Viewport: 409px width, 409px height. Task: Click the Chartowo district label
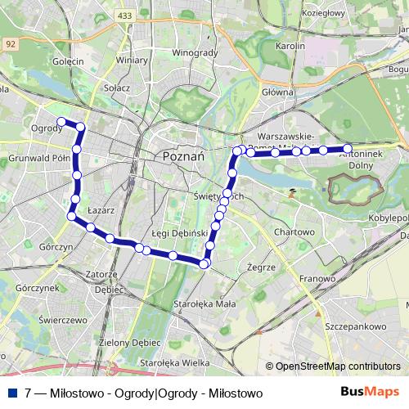(x=294, y=232)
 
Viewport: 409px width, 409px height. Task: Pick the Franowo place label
(x=317, y=278)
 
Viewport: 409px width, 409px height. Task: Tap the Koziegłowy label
(x=324, y=13)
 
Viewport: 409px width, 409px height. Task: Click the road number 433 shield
(x=124, y=16)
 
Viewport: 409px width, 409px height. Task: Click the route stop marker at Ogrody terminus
(x=61, y=122)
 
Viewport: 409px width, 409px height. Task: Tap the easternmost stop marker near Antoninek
(x=348, y=149)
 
